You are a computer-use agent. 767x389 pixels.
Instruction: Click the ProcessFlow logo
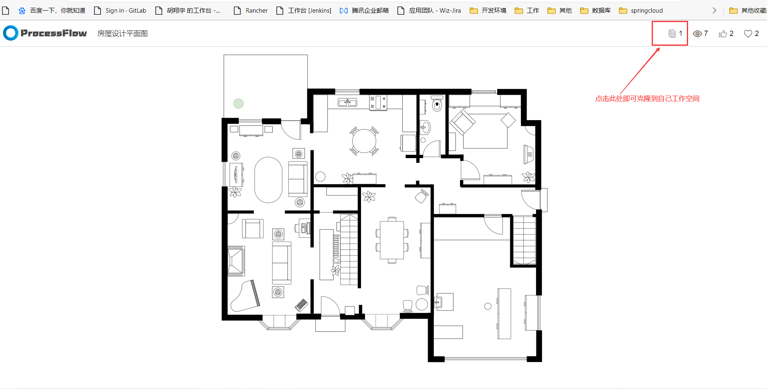(45, 33)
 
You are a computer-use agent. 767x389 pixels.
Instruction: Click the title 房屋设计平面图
(123, 34)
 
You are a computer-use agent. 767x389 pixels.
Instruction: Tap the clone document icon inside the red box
(672, 34)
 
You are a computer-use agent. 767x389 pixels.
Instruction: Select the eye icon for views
(697, 34)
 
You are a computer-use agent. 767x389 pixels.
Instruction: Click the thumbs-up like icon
(723, 34)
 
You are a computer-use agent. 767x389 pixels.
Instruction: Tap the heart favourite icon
(748, 34)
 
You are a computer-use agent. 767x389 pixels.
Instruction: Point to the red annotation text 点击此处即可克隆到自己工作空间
(647, 98)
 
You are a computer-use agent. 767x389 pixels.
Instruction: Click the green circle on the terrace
(238, 104)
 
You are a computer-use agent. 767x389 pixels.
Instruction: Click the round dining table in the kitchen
(364, 141)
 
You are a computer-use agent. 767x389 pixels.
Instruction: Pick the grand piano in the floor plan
(245, 296)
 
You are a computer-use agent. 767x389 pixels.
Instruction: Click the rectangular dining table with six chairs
(392, 240)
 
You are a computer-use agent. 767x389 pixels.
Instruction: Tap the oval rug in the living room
(268, 180)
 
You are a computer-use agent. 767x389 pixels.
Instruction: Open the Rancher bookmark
(251, 11)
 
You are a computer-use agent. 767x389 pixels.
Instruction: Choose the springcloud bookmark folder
(641, 11)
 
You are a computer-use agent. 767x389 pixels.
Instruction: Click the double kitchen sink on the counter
(348, 103)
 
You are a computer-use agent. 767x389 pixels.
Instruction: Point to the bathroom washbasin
(425, 127)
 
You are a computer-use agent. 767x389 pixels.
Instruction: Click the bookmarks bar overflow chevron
(714, 11)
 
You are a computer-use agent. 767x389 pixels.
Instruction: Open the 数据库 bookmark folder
(595, 11)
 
